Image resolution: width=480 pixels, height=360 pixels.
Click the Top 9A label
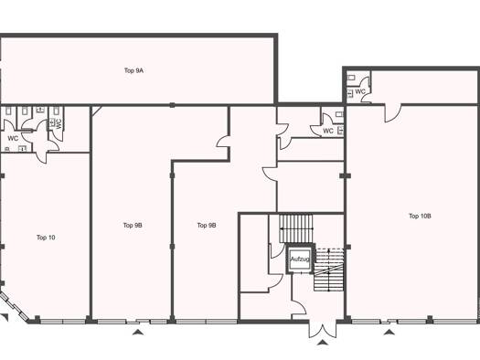tap(133, 70)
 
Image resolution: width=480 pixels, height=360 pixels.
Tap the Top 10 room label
tap(46, 238)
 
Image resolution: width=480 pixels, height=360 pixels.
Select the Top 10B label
tap(420, 216)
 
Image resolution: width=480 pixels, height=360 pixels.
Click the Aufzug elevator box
tap(300, 259)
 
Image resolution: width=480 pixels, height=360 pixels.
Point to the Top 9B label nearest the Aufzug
tap(207, 226)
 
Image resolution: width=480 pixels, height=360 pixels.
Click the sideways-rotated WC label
tap(59, 123)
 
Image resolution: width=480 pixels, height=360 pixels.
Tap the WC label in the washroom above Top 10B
tap(360, 91)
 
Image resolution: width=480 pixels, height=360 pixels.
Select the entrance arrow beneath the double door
tap(323, 343)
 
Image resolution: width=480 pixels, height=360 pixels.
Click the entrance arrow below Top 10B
tap(389, 333)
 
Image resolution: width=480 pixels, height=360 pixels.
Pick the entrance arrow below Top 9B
tap(138, 333)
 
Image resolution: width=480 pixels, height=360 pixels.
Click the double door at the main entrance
tap(323, 329)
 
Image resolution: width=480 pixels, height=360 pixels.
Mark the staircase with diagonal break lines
tap(329, 270)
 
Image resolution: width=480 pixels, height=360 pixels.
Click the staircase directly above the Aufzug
tap(296, 228)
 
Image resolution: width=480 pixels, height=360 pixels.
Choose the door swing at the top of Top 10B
tap(393, 113)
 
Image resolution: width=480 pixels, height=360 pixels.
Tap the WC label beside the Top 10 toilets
tap(13, 139)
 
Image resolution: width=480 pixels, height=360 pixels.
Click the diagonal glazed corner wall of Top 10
tap(14, 306)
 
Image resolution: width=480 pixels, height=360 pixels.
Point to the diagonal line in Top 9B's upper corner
tap(97, 111)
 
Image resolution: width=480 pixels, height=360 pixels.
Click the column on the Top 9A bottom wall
tap(173, 105)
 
